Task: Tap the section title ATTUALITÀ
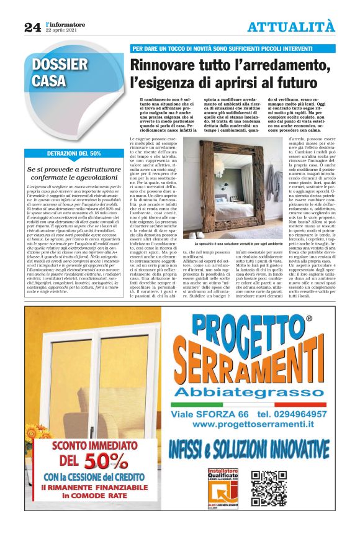[x=290, y=27]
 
